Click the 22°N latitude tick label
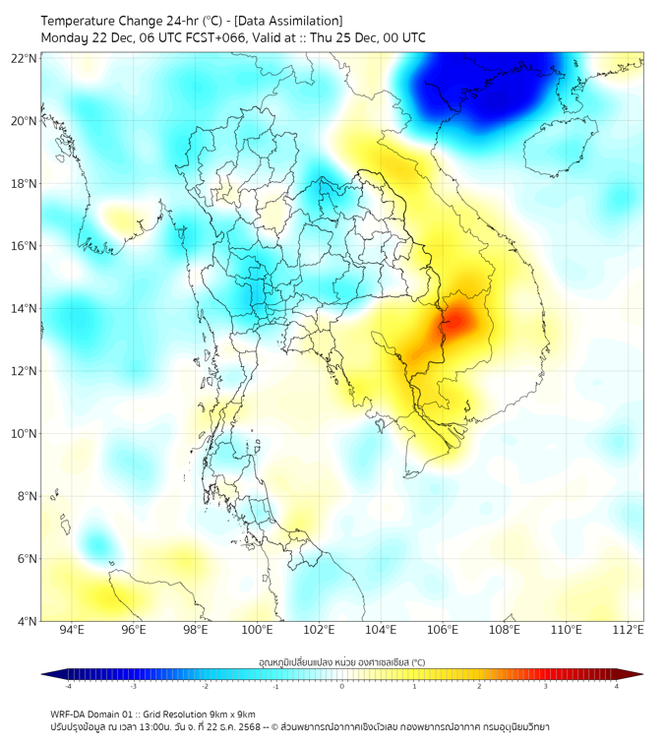25,58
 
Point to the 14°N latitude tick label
25,309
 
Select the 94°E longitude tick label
71,631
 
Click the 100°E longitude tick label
257,631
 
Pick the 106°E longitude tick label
443,631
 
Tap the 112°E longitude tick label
629,631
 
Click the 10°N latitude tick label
25,434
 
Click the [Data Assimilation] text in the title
292,21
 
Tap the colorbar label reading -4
68,687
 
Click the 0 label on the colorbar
342,687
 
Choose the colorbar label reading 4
617,687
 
